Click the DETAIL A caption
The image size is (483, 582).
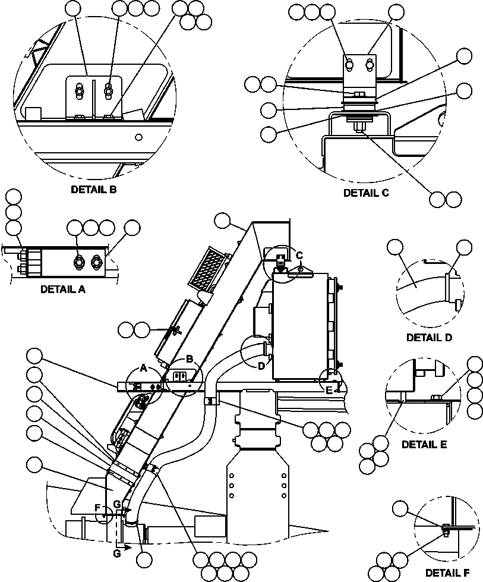63,290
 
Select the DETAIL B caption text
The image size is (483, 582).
94,190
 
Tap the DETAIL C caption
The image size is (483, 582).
366,193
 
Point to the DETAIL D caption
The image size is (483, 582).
429,338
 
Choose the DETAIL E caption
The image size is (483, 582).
424,444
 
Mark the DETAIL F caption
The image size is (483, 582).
446,573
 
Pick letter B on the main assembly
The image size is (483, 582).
190,358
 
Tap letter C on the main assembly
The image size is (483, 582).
300,255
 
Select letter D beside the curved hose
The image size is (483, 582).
261,366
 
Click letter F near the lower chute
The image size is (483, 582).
97,507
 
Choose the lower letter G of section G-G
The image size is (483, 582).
116,553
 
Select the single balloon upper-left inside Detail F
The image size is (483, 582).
402,508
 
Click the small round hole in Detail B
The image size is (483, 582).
138,137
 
